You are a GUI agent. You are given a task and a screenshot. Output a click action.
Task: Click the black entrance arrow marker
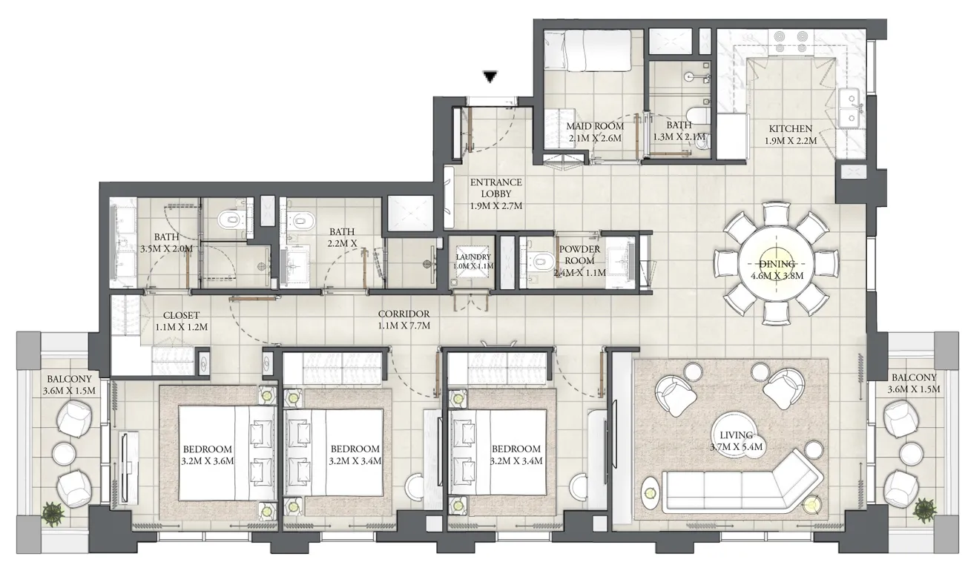click(489, 76)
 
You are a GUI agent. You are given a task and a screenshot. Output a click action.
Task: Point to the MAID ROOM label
click(596, 126)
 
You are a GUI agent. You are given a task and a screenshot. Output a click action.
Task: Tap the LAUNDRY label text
click(473, 257)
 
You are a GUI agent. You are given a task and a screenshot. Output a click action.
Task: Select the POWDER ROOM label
click(580, 255)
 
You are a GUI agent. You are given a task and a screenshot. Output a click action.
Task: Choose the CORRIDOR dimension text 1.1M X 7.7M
click(404, 325)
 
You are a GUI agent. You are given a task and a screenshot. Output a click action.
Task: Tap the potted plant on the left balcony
click(53, 511)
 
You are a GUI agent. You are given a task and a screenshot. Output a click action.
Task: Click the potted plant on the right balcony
click(924, 509)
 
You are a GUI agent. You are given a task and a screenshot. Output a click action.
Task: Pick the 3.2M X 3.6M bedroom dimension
click(208, 461)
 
